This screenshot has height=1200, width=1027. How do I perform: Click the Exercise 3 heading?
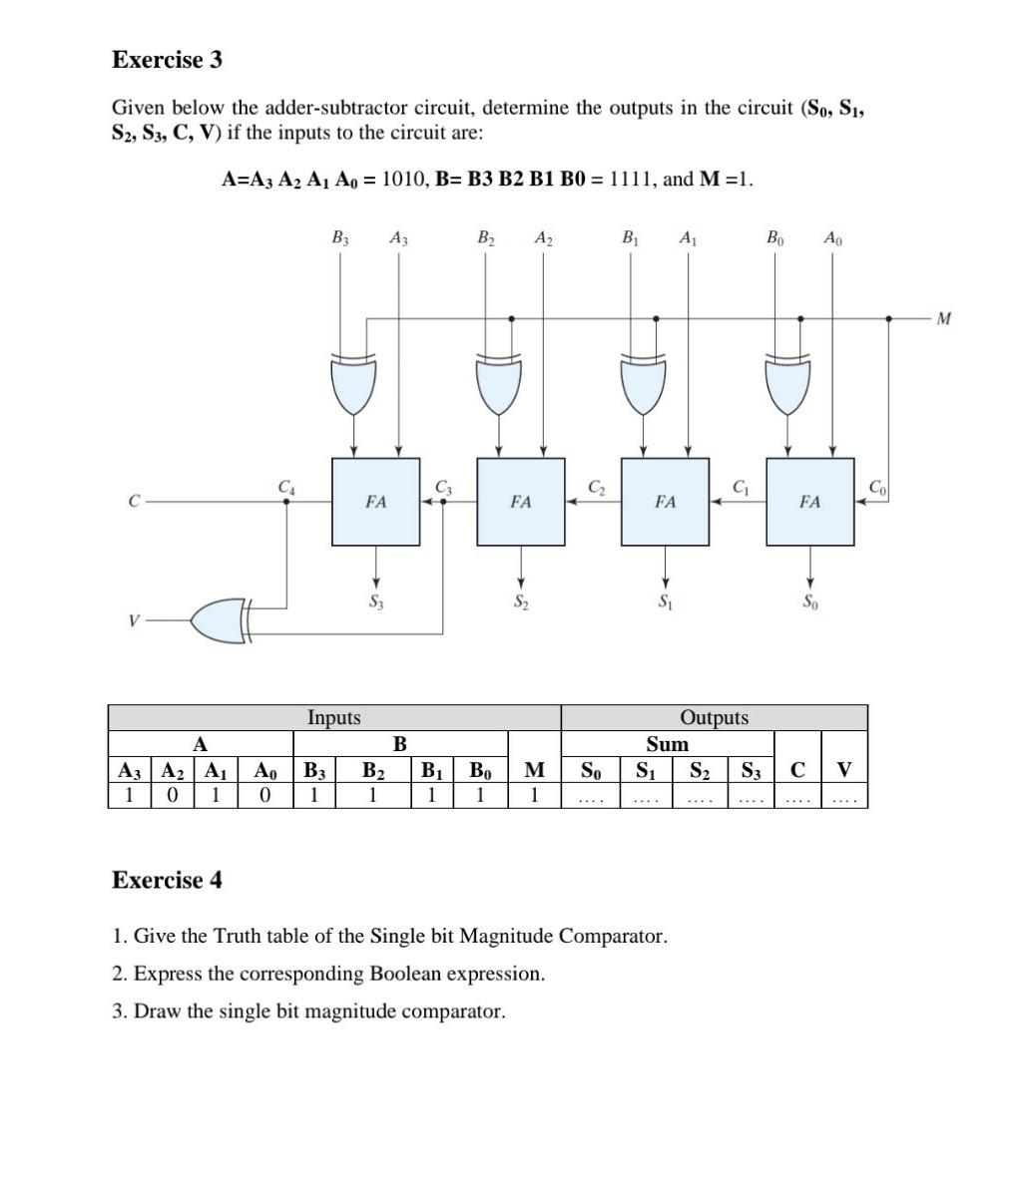[x=167, y=60]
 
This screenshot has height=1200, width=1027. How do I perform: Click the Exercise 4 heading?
[x=167, y=880]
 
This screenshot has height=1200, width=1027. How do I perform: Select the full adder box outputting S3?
[x=375, y=502]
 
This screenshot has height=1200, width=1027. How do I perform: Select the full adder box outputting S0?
[x=809, y=502]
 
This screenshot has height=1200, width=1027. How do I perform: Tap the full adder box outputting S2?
[x=520, y=502]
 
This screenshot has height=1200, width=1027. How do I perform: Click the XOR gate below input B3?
[x=354, y=385]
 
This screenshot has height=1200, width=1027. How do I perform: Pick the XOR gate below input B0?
[x=788, y=385]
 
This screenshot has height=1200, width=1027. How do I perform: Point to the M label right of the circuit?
[x=943, y=319]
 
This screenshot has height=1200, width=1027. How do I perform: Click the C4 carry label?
[x=286, y=487]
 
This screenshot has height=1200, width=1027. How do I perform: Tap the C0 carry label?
[x=875, y=487]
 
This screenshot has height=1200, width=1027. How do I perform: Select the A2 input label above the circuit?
[x=543, y=238]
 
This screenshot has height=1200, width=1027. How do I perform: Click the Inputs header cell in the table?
[x=334, y=717]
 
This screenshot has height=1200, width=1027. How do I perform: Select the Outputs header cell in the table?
[x=714, y=717]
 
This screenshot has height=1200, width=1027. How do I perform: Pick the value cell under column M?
[x=534, y=796]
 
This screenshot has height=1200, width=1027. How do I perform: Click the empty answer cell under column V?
[x=844, y=796]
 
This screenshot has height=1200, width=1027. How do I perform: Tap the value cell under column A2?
[x=174, y=796]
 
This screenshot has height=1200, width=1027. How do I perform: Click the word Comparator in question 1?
[x=612, y=936]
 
